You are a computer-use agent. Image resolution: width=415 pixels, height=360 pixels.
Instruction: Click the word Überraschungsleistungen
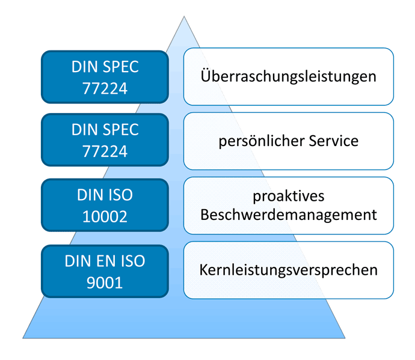288,76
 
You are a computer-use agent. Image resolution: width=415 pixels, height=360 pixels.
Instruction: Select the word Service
333,141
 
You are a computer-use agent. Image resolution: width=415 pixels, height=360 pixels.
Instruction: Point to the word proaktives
289,197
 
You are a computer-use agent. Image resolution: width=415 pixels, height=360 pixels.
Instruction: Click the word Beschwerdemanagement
289,215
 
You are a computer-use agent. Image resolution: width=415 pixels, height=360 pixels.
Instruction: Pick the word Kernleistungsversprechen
288,270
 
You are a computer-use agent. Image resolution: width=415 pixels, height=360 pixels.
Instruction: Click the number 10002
105,216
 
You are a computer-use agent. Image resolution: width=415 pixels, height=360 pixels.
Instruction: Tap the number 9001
105,282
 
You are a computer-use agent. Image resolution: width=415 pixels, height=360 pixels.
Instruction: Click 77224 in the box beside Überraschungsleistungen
105,88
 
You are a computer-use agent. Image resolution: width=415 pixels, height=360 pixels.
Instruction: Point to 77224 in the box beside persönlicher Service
105,151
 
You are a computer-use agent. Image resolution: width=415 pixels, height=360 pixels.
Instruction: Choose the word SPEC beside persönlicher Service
121,130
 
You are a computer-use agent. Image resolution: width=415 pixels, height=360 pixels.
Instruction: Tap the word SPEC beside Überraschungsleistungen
121,67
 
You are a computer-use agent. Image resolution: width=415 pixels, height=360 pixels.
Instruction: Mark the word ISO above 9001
133,261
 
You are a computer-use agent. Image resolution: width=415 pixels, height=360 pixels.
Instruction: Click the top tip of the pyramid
184,16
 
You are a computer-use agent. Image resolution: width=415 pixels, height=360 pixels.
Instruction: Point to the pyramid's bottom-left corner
23,338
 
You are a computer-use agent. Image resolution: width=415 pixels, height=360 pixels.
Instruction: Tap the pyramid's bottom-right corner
345,338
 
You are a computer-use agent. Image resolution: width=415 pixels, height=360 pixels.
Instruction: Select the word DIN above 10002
88,195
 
